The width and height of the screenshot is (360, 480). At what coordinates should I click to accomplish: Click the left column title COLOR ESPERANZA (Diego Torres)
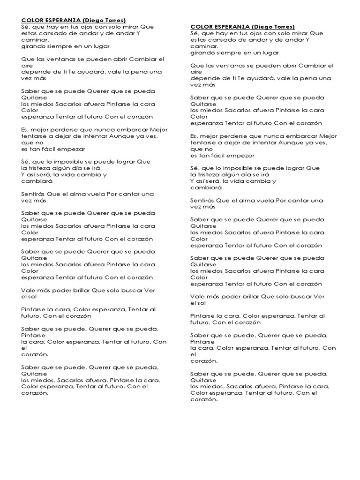74,21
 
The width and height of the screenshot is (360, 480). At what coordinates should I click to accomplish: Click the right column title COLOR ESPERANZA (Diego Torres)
243,27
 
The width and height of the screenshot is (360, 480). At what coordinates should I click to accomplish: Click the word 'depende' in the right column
203,78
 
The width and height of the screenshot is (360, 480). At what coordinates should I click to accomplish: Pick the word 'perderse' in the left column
65,130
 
